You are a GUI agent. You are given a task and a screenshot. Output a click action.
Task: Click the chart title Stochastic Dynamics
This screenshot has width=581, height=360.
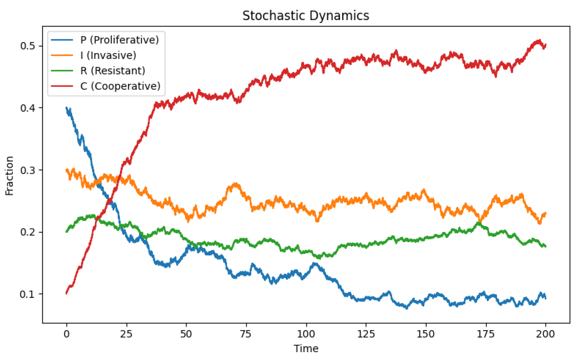(306, 16)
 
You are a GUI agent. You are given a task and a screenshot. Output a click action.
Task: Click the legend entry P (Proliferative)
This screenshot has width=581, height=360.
(119, 40)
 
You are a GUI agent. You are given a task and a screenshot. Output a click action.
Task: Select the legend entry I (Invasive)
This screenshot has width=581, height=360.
(108, 55)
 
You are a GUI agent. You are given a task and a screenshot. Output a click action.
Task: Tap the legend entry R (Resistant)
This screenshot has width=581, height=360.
(113, 71)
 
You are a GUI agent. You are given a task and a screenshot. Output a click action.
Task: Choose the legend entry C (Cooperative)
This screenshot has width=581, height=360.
(120, 86)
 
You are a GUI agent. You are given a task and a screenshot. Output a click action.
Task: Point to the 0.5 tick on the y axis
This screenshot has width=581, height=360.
(27, 46)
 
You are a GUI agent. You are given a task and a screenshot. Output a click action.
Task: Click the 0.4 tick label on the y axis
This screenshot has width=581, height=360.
(27, 108)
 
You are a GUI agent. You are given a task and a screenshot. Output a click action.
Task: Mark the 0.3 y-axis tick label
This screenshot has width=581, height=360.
(27, 170)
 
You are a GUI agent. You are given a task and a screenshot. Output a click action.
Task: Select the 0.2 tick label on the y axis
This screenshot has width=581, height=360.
(27, 232)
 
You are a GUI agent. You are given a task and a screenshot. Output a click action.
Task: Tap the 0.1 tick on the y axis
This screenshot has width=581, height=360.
(27, 294)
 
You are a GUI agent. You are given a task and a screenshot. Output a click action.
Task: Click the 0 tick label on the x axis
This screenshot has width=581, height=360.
(66, 334)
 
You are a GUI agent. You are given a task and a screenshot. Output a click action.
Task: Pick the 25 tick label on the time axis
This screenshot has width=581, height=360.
(126, 334)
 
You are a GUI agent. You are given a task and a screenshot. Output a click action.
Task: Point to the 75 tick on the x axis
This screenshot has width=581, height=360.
(246, 334)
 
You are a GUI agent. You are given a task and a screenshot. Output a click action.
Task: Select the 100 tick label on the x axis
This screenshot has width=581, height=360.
(306, 334)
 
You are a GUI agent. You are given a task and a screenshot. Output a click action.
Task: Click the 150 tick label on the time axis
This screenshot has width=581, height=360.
(426, 334)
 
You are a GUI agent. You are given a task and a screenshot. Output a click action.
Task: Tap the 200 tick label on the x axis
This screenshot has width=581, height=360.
(545, 334)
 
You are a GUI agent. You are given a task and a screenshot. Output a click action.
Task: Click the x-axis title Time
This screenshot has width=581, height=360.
(306, 348)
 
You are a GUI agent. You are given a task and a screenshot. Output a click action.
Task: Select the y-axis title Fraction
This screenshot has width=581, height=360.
(10, 176)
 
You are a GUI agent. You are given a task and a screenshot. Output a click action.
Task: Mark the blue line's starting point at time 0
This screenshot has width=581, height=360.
(66, 108)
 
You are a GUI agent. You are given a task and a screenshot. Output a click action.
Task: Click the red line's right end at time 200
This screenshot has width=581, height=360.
(546, 45)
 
